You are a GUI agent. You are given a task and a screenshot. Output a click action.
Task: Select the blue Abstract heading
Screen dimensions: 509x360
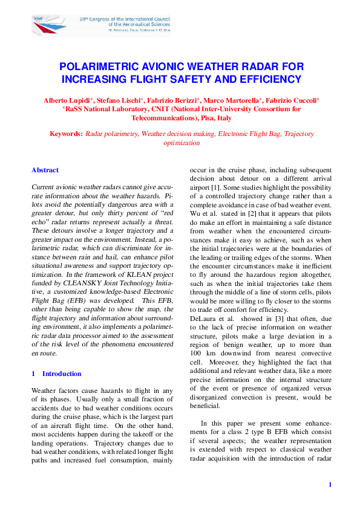click(45, 170)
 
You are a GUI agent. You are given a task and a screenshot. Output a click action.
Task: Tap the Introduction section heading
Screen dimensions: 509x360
click(62, 374)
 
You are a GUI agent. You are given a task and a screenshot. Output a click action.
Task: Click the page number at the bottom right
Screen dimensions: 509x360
click(330, 484)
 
